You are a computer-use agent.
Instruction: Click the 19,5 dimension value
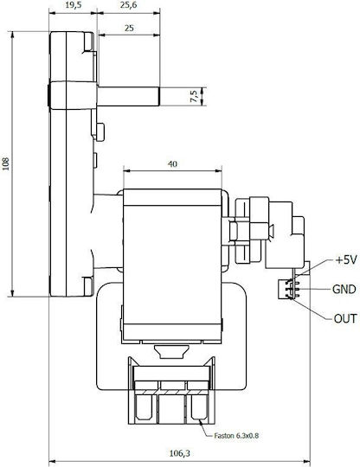[x=74, y=5]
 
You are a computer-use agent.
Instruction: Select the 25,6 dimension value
[x=128, y=5]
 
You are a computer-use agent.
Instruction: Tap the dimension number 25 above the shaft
[x=129, y=29]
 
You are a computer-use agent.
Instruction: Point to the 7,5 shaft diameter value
[x=194, y=97]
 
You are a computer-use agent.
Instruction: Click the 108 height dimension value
[x=6, y=163]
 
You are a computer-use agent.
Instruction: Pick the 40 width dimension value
[x=172, y=163]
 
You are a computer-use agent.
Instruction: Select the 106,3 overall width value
[x=179, y=454]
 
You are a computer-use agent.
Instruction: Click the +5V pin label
[x=345, y=260]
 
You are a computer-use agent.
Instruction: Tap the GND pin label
[x=344, y=289]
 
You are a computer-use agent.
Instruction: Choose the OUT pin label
[x=345, y=318]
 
